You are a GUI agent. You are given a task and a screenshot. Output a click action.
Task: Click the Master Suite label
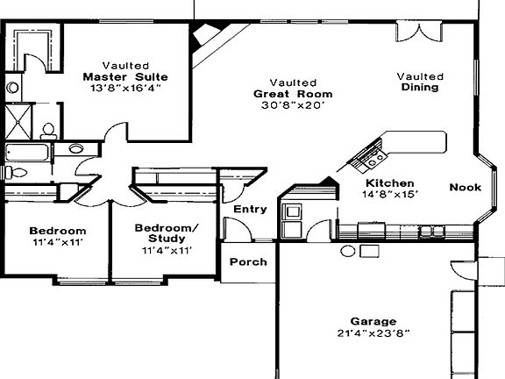(125, 77)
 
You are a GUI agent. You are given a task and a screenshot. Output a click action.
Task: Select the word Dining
(420, 88)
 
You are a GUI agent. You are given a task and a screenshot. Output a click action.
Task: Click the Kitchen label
(389, 183)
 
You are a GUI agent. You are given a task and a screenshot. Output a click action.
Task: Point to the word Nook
(465, 187)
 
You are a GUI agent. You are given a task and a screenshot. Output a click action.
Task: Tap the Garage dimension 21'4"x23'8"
(373, 333)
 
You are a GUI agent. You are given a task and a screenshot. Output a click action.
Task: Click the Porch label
(248, 261)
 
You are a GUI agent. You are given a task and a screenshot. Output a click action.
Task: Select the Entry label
(250, 209)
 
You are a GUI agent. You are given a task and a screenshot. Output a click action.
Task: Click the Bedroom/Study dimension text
(167, 250)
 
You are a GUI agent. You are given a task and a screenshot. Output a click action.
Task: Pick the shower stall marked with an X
(18, 122)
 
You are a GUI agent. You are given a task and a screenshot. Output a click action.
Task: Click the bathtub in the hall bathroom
(27, 153)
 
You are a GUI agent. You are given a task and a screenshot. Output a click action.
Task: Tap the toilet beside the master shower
(48, 132)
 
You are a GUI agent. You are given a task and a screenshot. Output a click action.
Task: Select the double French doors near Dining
(419, 32)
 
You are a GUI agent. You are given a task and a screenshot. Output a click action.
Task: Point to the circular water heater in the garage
(348, 251)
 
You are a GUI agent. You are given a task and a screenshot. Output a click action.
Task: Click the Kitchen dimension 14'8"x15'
(389, 195)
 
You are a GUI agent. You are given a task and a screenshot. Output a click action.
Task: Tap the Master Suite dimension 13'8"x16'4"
(125, 88)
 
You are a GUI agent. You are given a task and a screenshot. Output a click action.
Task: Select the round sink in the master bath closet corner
(13, 88)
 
